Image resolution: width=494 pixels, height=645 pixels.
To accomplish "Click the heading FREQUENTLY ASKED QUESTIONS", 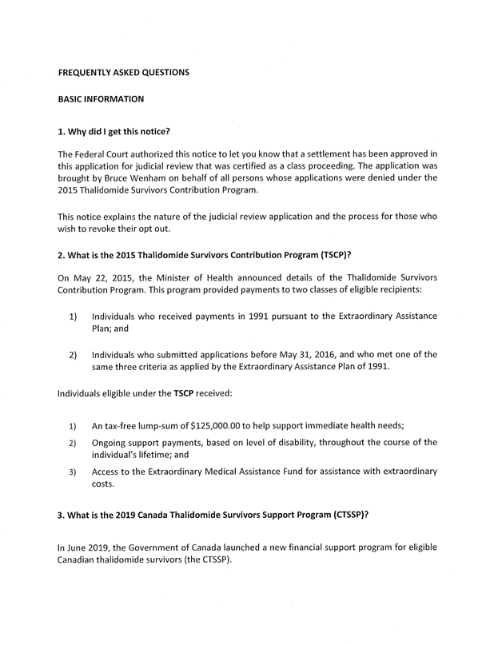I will tap(124, 73).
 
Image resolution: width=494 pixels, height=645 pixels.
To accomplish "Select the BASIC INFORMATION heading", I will tap(101, 100).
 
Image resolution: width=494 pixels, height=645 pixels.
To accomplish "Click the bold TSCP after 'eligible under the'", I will tap(197, 393).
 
